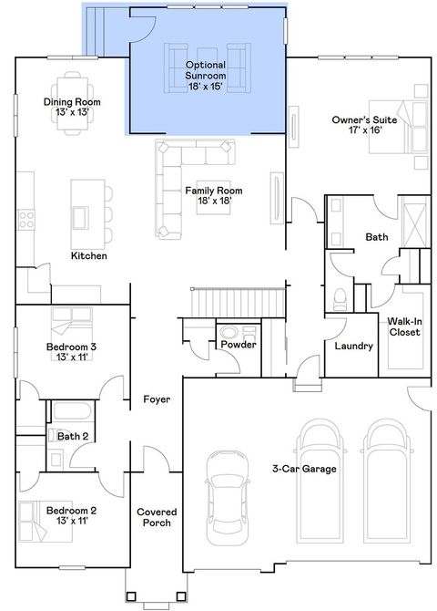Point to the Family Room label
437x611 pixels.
coord(208,195)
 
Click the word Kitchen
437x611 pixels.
coord(89,256)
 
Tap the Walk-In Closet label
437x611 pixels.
coord(403,326)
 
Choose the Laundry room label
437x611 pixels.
coord(352,347)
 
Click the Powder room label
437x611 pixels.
coord(239,345)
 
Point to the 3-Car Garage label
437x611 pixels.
coord(303,469)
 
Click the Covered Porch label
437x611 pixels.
coord(157,517)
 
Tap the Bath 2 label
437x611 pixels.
coord(73,437)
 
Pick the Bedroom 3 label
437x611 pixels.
coord(72,352)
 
